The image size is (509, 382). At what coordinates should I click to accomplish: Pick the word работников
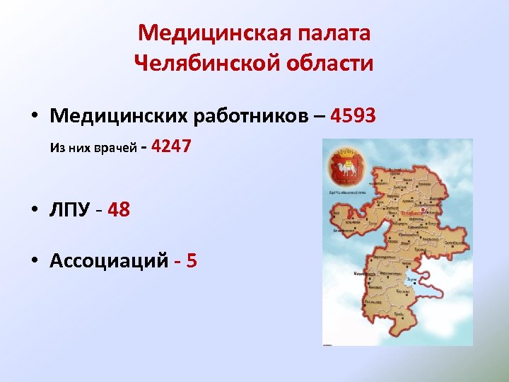point(248,115)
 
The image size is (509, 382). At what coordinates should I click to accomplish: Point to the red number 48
point(119,210)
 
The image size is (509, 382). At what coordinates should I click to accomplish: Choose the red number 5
point(190,261)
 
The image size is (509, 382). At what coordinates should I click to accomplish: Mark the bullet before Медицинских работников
point(34,116)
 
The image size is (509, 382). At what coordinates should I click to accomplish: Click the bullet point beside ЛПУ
point(34,211)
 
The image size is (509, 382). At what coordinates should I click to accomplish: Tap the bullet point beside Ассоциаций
point(34,262)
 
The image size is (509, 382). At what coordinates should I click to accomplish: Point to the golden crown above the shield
point(346,151)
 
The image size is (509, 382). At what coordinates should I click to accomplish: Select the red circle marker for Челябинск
point(422,209)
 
